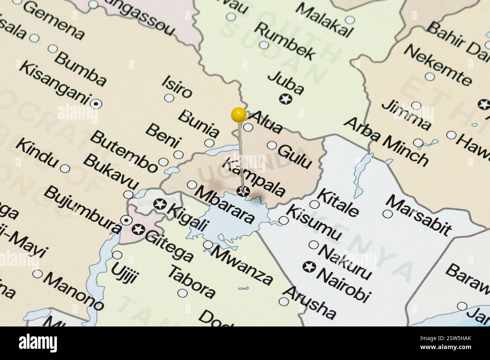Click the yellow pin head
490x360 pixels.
(x=239, y=114)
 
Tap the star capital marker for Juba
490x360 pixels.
(x=286, y=99)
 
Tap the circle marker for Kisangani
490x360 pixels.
(x=96, y=102)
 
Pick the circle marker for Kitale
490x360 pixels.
(x=314, y=204)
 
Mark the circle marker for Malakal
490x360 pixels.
(x=350, y=20)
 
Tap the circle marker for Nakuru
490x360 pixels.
(x=314, y=245)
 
